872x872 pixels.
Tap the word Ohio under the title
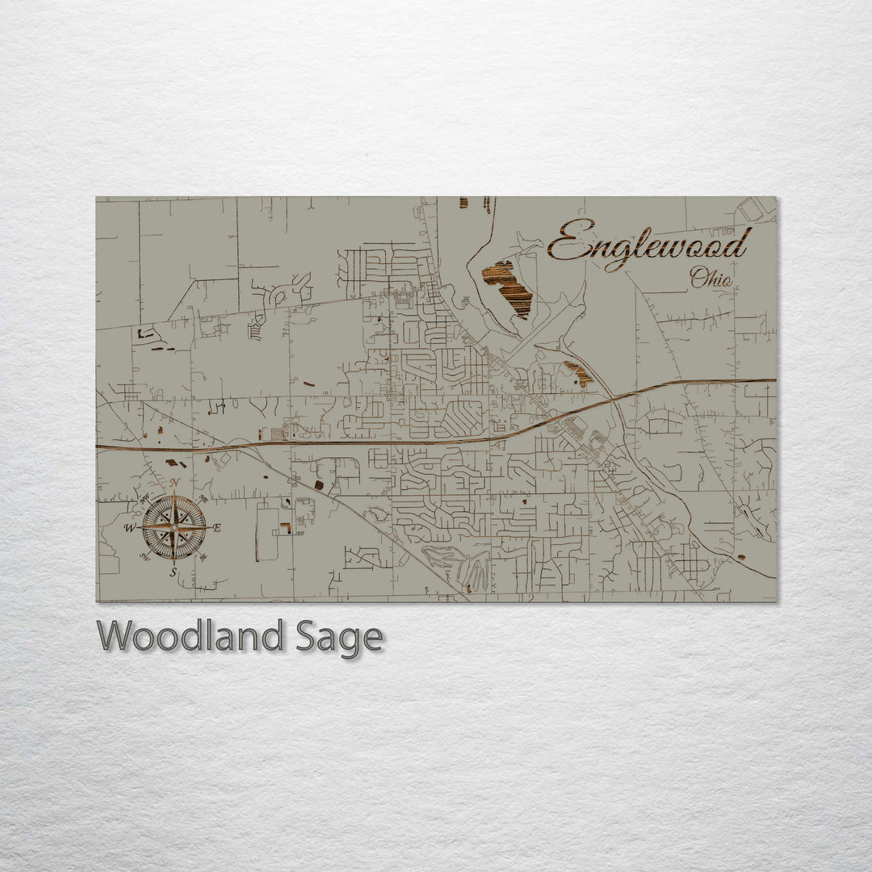click(x=711, y=279)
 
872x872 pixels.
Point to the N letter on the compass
click(x=174, y=483)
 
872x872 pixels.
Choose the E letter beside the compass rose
click(x=217, y=527)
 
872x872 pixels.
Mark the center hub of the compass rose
click(x=174, y=527)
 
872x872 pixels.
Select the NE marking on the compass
click(x=203, y=500)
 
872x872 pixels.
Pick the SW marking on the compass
click(x=145, y=555)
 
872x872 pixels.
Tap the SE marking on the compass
click(x=203, y=555)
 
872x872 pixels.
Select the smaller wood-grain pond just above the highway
click(x=578, y=373)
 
